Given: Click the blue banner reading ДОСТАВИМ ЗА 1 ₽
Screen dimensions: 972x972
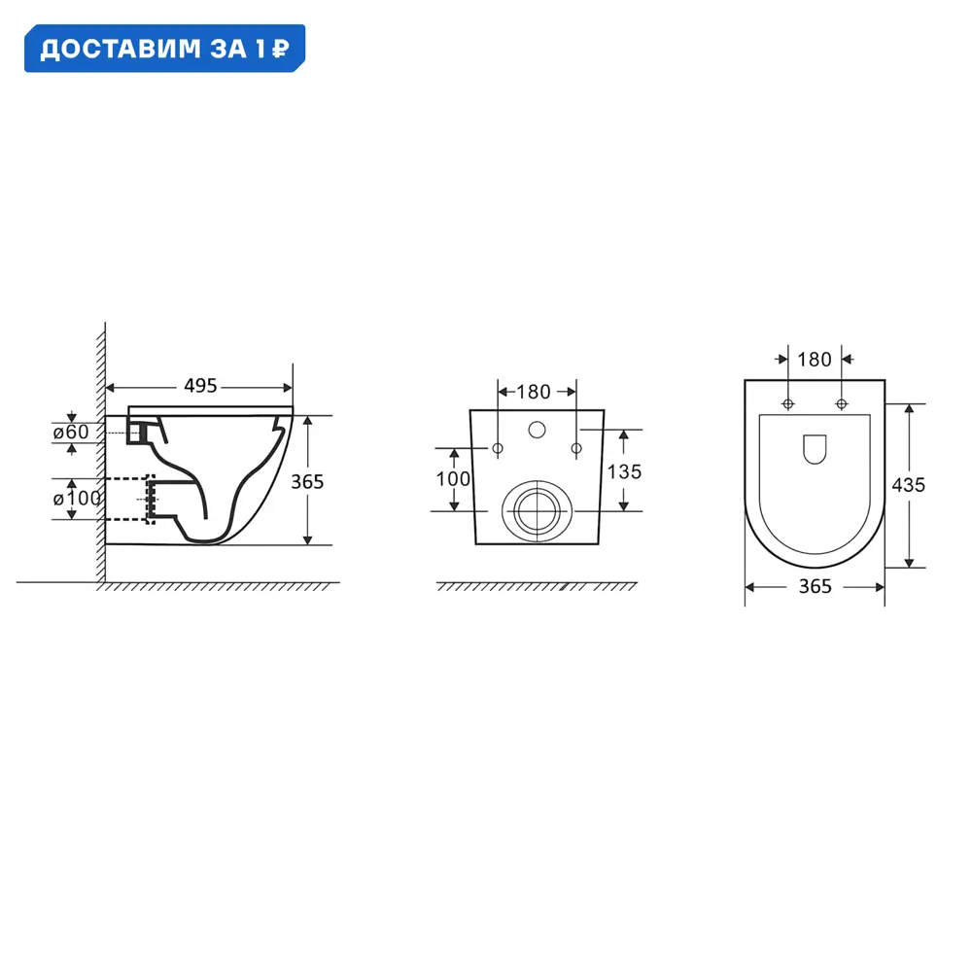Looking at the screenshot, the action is [164, 49].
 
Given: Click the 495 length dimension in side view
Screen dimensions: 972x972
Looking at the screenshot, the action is [200, 386].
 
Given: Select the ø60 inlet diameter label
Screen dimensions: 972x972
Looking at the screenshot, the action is [71, 432].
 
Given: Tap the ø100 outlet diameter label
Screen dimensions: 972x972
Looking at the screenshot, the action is [77, 498].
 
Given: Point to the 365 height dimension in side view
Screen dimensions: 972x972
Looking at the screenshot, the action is [307, 482].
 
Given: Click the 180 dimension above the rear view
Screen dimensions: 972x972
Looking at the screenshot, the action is [533, 392].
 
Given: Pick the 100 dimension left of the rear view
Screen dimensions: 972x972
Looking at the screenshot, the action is [453, 478].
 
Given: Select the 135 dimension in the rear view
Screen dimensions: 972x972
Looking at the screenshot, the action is [624, 471].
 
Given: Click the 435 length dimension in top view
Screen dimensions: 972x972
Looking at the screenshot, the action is [908, 485].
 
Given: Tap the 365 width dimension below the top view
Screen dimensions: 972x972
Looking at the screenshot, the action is [815, 586].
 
